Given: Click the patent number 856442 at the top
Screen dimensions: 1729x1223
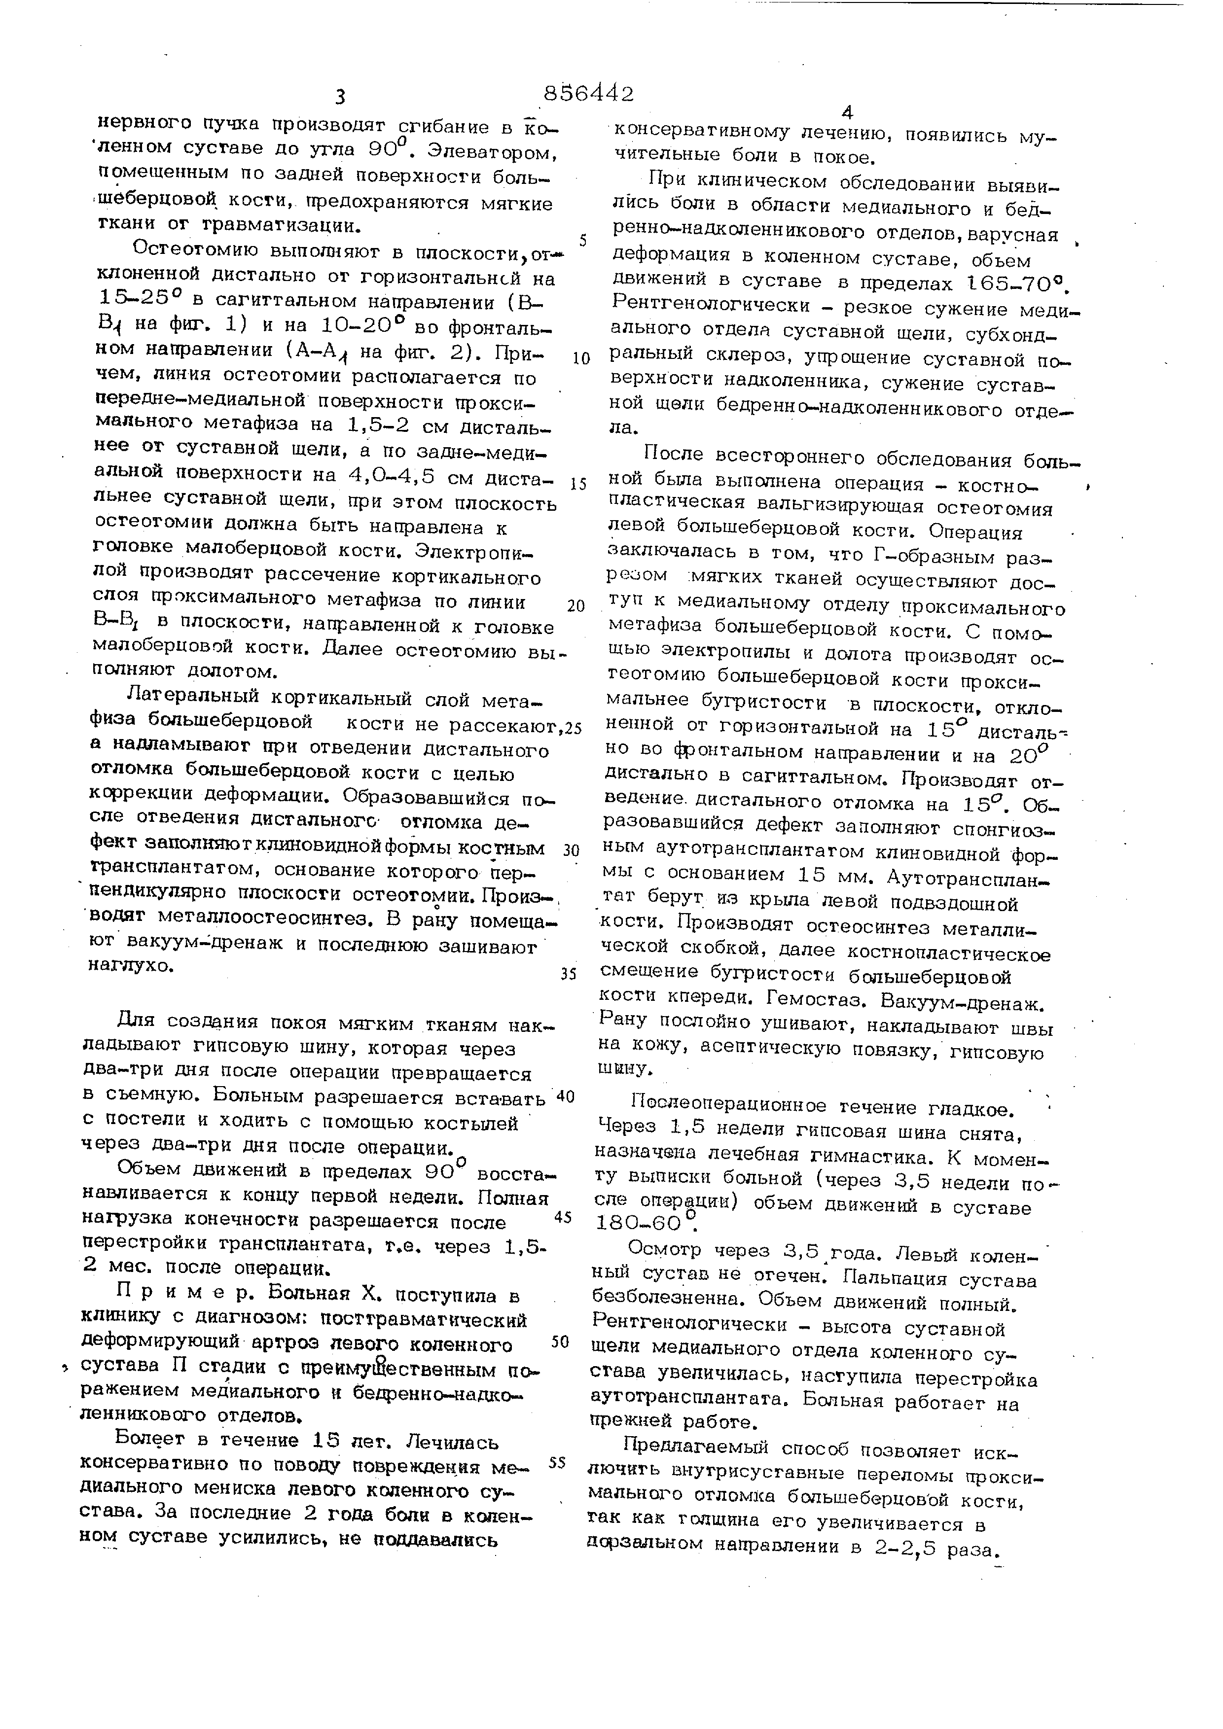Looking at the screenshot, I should point(588,93).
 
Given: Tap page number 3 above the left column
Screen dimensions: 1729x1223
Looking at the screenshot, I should point(340,97).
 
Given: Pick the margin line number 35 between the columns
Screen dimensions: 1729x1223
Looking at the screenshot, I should point(569,974).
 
